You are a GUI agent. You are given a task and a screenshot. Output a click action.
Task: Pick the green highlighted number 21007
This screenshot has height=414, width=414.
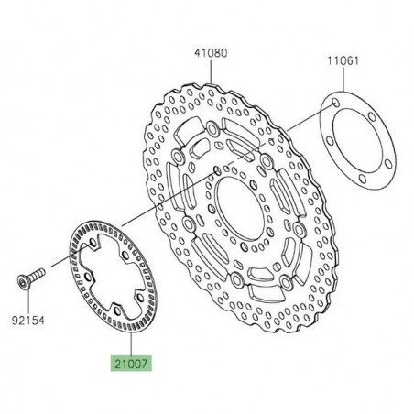(x=132, y=364)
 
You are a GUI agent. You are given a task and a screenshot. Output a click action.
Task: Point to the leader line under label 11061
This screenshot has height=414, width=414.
(x=344, y=79)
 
